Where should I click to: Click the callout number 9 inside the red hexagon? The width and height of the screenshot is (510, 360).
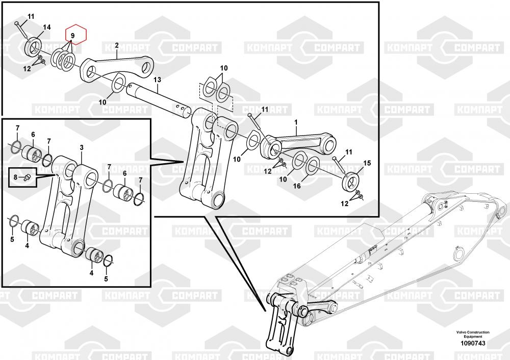(72, 35)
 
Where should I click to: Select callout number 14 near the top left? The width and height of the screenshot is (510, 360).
(47, 27)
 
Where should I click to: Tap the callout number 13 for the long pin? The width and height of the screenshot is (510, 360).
(158, 80)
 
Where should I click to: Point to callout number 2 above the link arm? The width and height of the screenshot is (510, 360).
(117, 45)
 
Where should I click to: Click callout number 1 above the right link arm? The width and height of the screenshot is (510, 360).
(296, 122)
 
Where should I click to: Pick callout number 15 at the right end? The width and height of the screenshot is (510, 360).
(367, 163)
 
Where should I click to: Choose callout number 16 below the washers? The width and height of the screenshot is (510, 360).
(297, 186)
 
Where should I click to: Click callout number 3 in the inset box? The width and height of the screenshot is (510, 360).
(82, 148)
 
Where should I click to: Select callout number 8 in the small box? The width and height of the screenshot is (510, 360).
(15, 177)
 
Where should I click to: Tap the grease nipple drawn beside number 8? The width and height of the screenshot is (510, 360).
(27, 177)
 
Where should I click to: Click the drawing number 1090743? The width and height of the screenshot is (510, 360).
(473, 343)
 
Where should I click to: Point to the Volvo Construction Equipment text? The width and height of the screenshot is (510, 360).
(473, 335)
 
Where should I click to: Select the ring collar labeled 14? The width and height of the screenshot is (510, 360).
(33, 47)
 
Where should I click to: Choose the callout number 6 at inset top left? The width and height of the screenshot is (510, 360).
(33, 135)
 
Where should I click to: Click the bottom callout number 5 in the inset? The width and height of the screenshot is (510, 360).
(106, 279)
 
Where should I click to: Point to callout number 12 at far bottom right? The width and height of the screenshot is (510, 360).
(344, 203)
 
